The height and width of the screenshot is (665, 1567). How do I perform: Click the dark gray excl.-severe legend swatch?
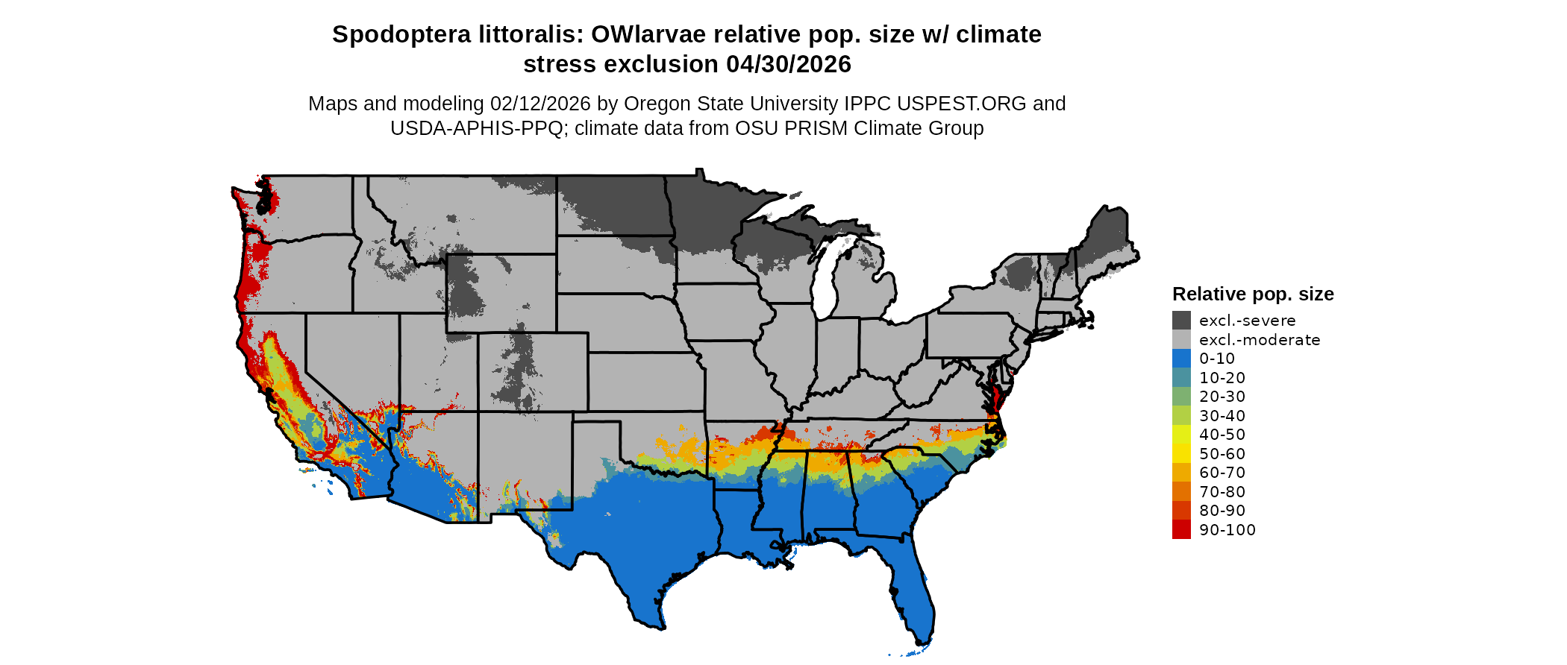pos(1181,321)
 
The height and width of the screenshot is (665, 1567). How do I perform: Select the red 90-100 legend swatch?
pos(1181,529)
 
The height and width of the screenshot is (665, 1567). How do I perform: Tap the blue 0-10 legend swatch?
pos(1181,359)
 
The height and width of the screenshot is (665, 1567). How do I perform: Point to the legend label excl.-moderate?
pos(1260,340)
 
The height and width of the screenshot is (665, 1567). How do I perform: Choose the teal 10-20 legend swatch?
pos(1181,377)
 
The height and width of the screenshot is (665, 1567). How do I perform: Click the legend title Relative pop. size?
pos(1253,294)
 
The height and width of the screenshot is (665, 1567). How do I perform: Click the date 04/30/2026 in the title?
pos(789,65)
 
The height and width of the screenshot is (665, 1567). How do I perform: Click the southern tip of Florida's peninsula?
pos(922,640)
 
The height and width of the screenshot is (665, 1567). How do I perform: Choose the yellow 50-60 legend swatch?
pos(1181,453)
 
